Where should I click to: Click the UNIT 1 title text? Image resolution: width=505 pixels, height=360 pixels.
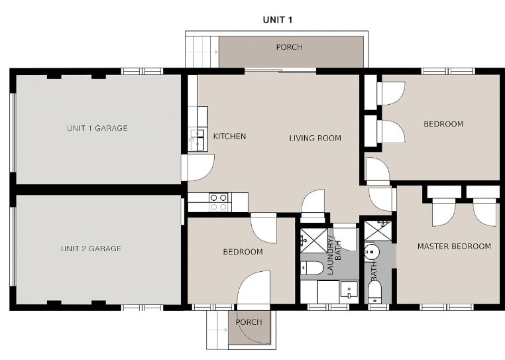click(278, 19)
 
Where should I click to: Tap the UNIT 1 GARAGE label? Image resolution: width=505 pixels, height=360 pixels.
click(97, 128)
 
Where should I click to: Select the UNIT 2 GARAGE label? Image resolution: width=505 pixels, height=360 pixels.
click(91, 249)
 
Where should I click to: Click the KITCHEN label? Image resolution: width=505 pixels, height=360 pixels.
click(229, 137)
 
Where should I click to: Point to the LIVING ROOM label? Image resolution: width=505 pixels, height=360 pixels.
click(315, 138)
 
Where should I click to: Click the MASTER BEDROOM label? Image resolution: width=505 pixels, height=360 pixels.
click(454, 246)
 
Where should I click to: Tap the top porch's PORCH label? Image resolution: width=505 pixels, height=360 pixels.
click(289, 47)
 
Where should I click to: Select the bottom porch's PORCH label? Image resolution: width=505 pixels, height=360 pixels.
click(249, 322)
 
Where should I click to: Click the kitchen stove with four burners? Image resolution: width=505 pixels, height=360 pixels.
click(219, 202)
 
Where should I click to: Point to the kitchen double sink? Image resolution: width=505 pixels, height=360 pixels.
click(197, 139)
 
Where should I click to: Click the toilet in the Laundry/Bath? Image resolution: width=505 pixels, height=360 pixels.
click(311, 268)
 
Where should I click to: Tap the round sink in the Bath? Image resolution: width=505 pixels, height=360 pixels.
click(370, 252)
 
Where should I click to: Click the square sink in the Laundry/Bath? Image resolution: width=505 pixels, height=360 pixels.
click(348, 290)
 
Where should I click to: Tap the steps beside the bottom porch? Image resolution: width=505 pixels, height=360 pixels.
click(217, 329)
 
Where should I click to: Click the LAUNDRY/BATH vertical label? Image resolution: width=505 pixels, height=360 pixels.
click(334, 249)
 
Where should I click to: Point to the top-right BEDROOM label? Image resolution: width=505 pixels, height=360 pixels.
click(443, 124)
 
